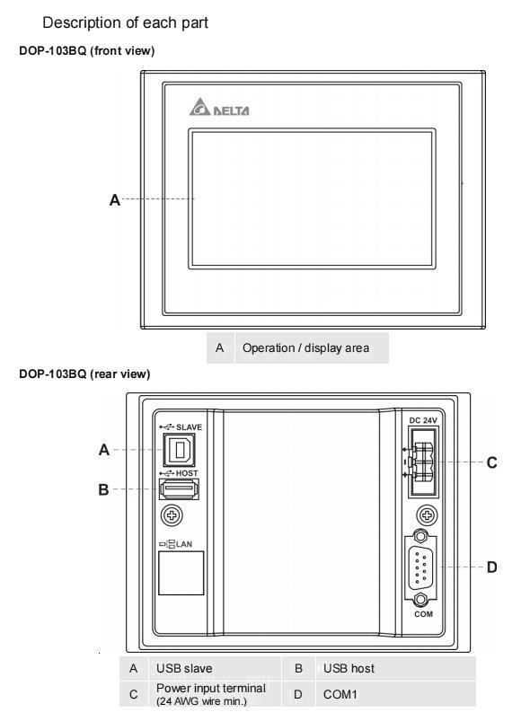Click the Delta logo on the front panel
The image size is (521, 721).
(x=219, y=107)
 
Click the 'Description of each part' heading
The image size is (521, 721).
(x=125, y=22)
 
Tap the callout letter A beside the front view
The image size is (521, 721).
(x=114, y=200)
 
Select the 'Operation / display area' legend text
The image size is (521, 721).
(x=305, y=348)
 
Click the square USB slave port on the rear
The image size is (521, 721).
(x=179, y=449)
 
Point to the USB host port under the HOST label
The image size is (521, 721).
(x=179, y=488)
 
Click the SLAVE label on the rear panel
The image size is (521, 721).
(x=189, y=427)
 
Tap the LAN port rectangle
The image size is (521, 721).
(x=181, y=573)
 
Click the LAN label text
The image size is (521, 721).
(x=184, y=544)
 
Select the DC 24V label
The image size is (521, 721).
(x=423, y=420)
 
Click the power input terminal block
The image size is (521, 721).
(x=423, y=462)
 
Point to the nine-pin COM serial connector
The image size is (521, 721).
(x=419, y=567)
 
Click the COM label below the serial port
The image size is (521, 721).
(x=423, y=614)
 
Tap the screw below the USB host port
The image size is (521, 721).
(x=172, y=515)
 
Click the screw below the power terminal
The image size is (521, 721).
(x=427, y=515)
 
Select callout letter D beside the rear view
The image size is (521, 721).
(x=492, y=567)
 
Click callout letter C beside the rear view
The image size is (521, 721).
(x=492, y=462)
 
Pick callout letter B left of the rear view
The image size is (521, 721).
(x=104, y=489)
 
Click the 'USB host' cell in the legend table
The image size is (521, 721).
(x=349, y=668)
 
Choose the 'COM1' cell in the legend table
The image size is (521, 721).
(x=340, y=694)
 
